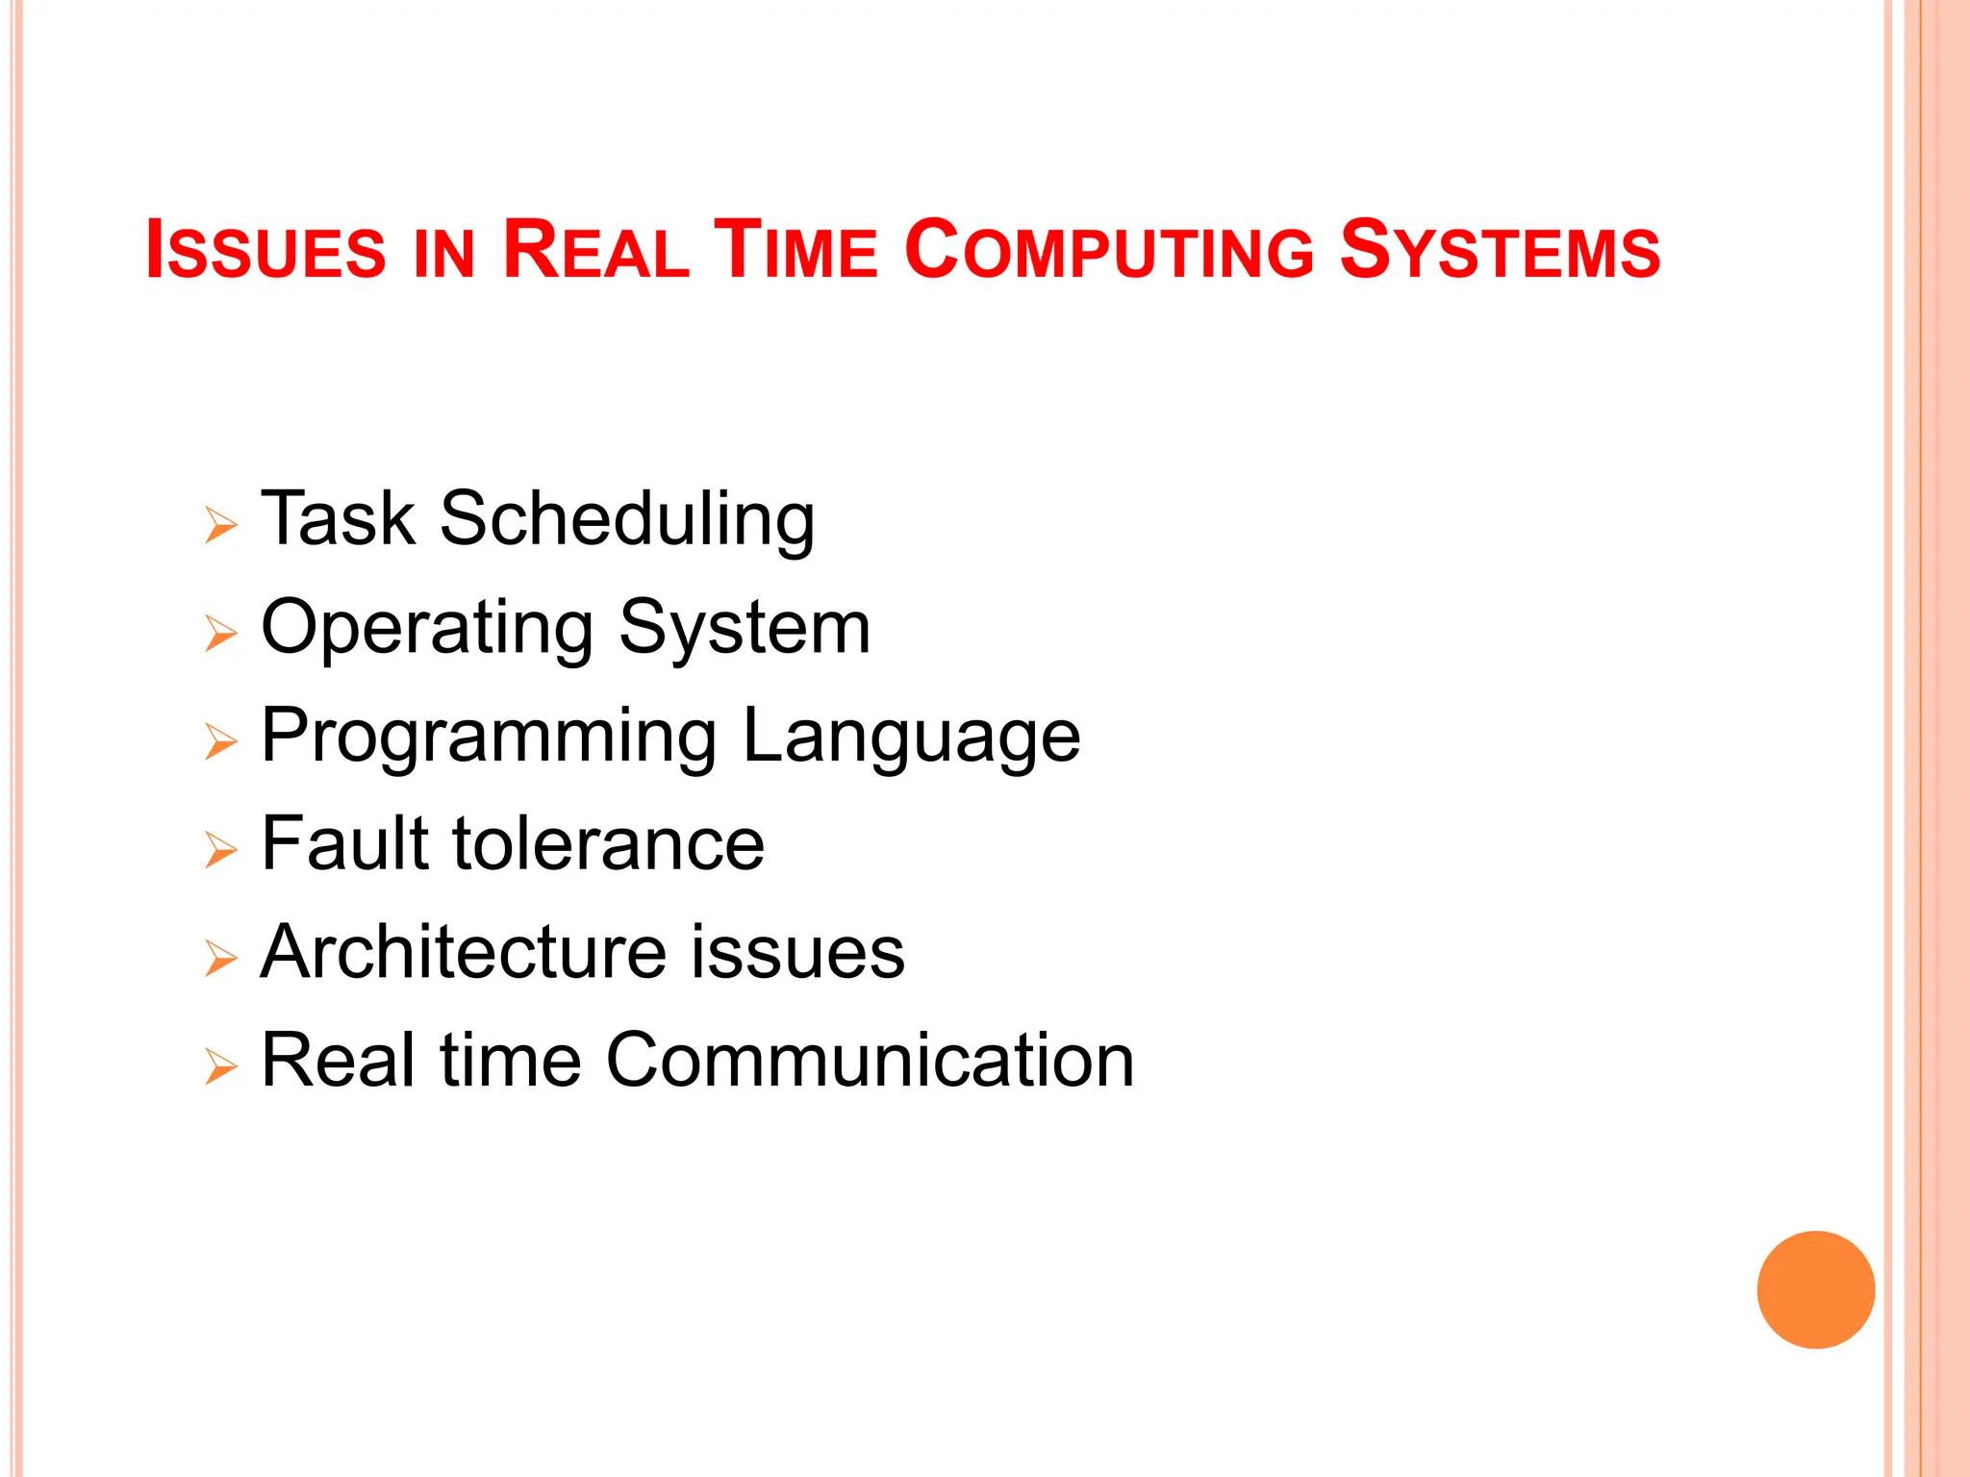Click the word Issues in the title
[x=265, y=250]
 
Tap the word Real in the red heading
[x=595, y=250]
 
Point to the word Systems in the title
[x=1500, y=250]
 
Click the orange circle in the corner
[x=1815, y=1289]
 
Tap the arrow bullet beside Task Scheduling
[x=220, y=526]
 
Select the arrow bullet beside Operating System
[x=220, y=634]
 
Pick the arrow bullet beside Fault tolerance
[x=220, y=850]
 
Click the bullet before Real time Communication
[x=220, y=1066]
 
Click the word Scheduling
[x=627, y=520]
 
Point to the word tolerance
[x=608, y=844]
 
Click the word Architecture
[x=463, y=952]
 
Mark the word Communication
[x=870, y=1061]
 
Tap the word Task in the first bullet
[x=338, y=520]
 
